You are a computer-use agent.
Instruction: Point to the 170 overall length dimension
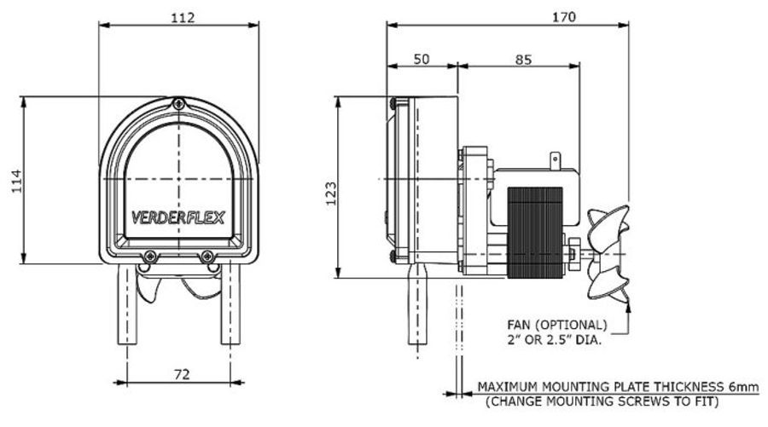coord(563,16)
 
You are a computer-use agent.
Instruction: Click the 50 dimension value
coord(422,59)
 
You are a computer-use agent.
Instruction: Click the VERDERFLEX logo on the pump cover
coord(178,217)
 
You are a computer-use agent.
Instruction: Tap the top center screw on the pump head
coord(178,104)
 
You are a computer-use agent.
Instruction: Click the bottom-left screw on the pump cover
coord(150,256)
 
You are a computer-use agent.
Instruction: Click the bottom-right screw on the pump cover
coord(207,256)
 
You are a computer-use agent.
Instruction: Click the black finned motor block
coord(536,232)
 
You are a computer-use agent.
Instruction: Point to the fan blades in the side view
coord(610,254)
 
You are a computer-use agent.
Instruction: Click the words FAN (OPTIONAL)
coord(559,326)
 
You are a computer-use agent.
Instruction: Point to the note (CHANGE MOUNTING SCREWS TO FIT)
coord(601,401)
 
